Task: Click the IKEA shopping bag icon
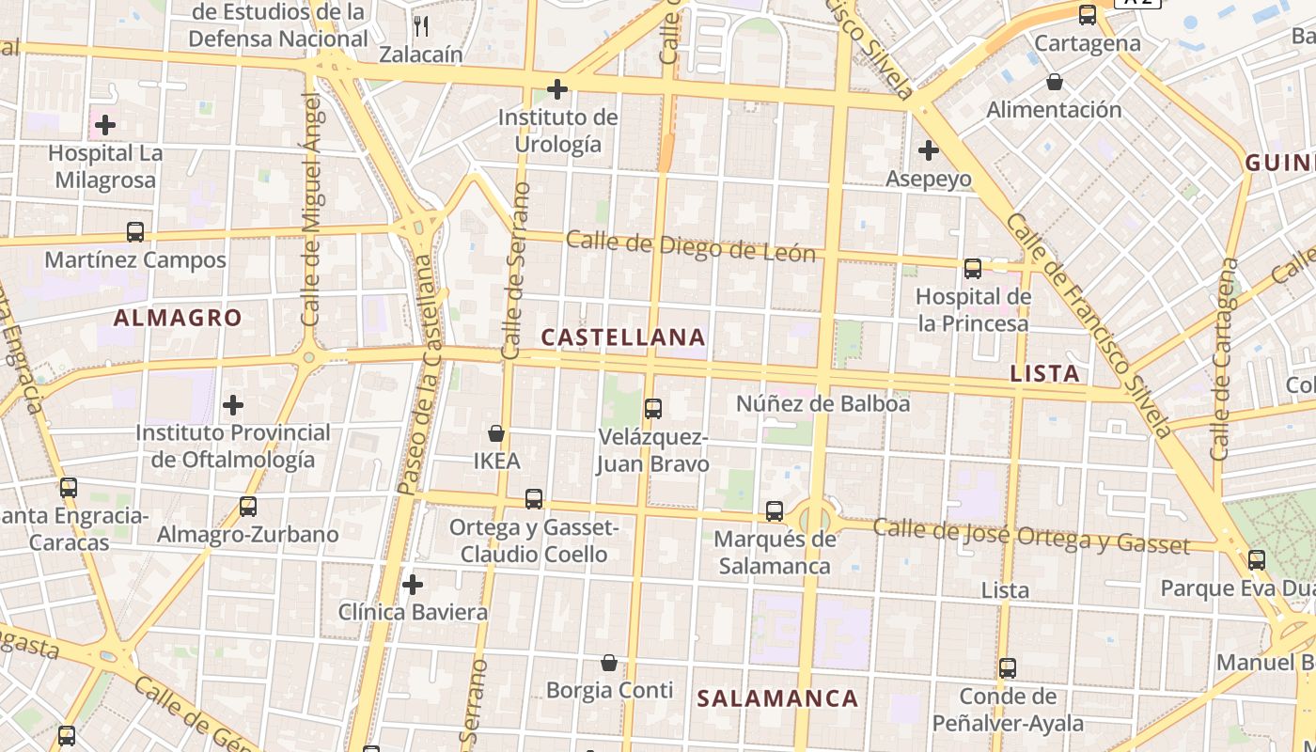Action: pyautogui.click(x=496, y=433)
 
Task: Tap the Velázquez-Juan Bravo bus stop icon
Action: pyautogui.click(x=653, y=408)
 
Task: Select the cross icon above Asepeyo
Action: pyautogui.click(x=929, y=149)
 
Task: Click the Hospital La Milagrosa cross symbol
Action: pyautogui.click(x=105, y=124)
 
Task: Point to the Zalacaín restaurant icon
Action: pyautogui.click(x=421, y=25)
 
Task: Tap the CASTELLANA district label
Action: pyautogui.click(x=623, y=337)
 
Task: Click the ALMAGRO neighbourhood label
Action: pyautogui.click(x=178, y=318)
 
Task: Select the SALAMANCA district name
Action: pyautogui.click(x=777, y=697)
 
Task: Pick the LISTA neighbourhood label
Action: pyautogui.click(x=1044, y=373)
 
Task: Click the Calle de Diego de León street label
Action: pyautogui.click(x=691, y=245)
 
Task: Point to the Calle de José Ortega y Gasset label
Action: pyautogui.click(x=1031, y=536)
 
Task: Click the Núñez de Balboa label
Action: pyautogui.click(x=822, y=403)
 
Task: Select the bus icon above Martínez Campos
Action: pyautogui.click(x=135, y=232)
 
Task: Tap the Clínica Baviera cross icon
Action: pyautogui.click(x=412, y=585)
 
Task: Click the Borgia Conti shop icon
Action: pyautogui.click(x=609, y=663)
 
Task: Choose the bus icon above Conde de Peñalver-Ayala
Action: pyautogui.click(x=1008, y=668)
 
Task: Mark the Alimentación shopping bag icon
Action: pyautogui.click(x=1055, y=82)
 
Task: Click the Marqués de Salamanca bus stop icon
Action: pyautogui.click(x=775, y=511)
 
